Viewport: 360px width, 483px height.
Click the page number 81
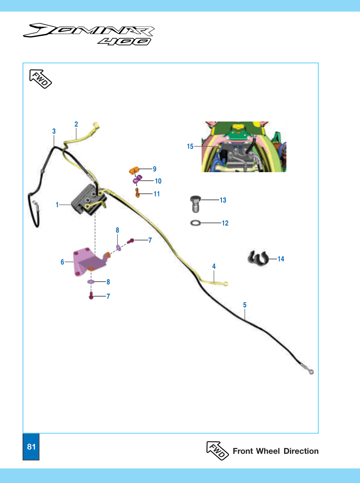(x=31, y=447)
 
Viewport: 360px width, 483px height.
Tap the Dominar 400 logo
(x=89, y=34)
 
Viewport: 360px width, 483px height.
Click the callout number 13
(x=223, y=200)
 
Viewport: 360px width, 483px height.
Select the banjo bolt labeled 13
(x=195, y=204)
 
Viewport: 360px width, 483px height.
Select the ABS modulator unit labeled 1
(x=89, y=200)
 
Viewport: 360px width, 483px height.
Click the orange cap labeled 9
(x=134, y=170)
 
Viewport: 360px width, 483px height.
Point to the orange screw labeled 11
(x=137, y=193)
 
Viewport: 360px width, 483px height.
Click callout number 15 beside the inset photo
(x=190, y=146)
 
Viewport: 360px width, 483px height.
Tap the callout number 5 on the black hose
(x=245, y=305)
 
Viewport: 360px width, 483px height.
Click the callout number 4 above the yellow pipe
(x=214, y=266)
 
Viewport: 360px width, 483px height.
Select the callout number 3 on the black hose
(x=54, y=131)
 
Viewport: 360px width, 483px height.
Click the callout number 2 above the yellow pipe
(x=76, y=124)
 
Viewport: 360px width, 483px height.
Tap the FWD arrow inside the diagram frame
(x=40, y=79)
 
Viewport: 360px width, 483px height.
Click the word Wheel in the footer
(x=268, y=451)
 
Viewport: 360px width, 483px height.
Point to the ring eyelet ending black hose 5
(x=311, y=372)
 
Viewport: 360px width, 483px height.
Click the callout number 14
(x=281, y=259)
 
